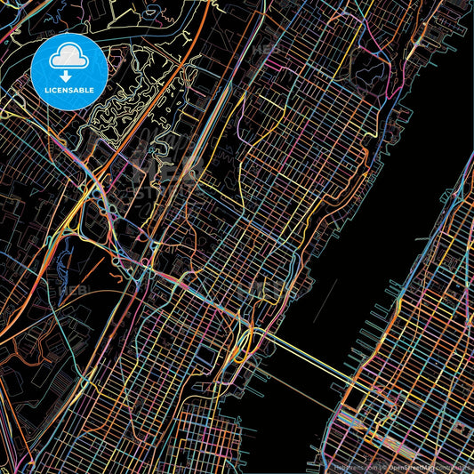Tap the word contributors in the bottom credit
pos(454,466)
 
